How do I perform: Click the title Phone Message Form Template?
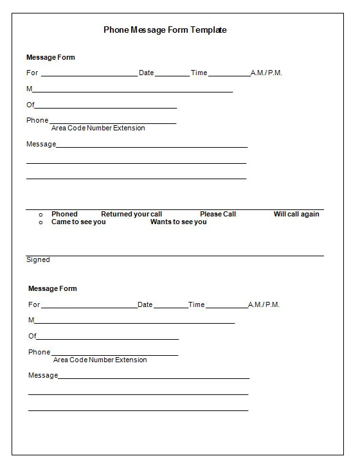165,30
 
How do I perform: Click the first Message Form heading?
50,57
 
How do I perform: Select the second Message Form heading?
52,288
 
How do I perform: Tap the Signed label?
38,259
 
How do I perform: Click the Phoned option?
64,214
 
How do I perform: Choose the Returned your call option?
131,214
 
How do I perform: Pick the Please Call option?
218,214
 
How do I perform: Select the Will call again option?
296,214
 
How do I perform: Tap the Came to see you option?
78,222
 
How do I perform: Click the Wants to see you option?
179,222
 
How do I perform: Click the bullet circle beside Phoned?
41,215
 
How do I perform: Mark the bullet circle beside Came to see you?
41,222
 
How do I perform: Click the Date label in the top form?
147,73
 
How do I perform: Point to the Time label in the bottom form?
196,304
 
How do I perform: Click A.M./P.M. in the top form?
266,73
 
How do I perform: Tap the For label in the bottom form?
34,304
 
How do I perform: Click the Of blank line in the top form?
106,107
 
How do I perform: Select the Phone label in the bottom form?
39,352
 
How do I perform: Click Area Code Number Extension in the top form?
98,128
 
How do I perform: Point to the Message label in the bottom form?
43,375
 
